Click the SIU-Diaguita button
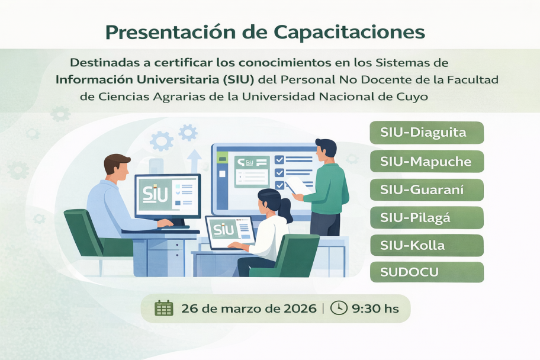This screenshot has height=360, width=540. point(426,133)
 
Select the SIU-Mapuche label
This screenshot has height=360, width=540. point(426,161)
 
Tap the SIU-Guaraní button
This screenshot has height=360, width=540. point(426,189)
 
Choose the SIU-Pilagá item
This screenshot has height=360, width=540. point(426,218)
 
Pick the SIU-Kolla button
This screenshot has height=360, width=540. point(426,246)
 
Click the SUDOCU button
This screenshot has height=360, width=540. point(426,272)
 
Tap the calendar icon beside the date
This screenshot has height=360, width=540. point(163,308)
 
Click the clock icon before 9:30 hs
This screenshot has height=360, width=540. point(338,308)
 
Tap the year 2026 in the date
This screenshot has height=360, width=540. point(297,308)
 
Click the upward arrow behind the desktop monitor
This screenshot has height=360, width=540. point(194,160)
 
